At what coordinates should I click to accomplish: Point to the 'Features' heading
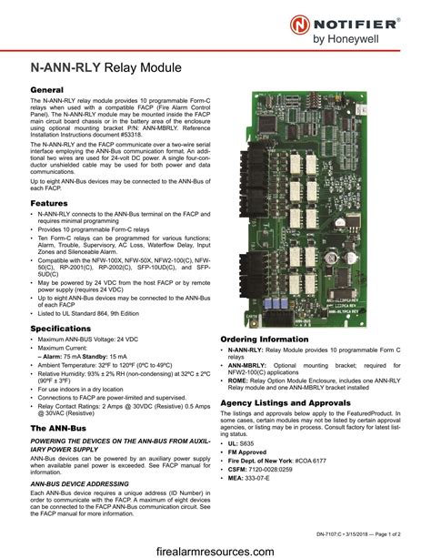click(49, 202)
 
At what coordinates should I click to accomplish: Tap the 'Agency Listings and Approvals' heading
click(285, 401)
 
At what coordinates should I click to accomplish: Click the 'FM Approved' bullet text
click(250, 451)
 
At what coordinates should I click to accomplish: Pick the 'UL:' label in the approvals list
click(234, 441)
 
